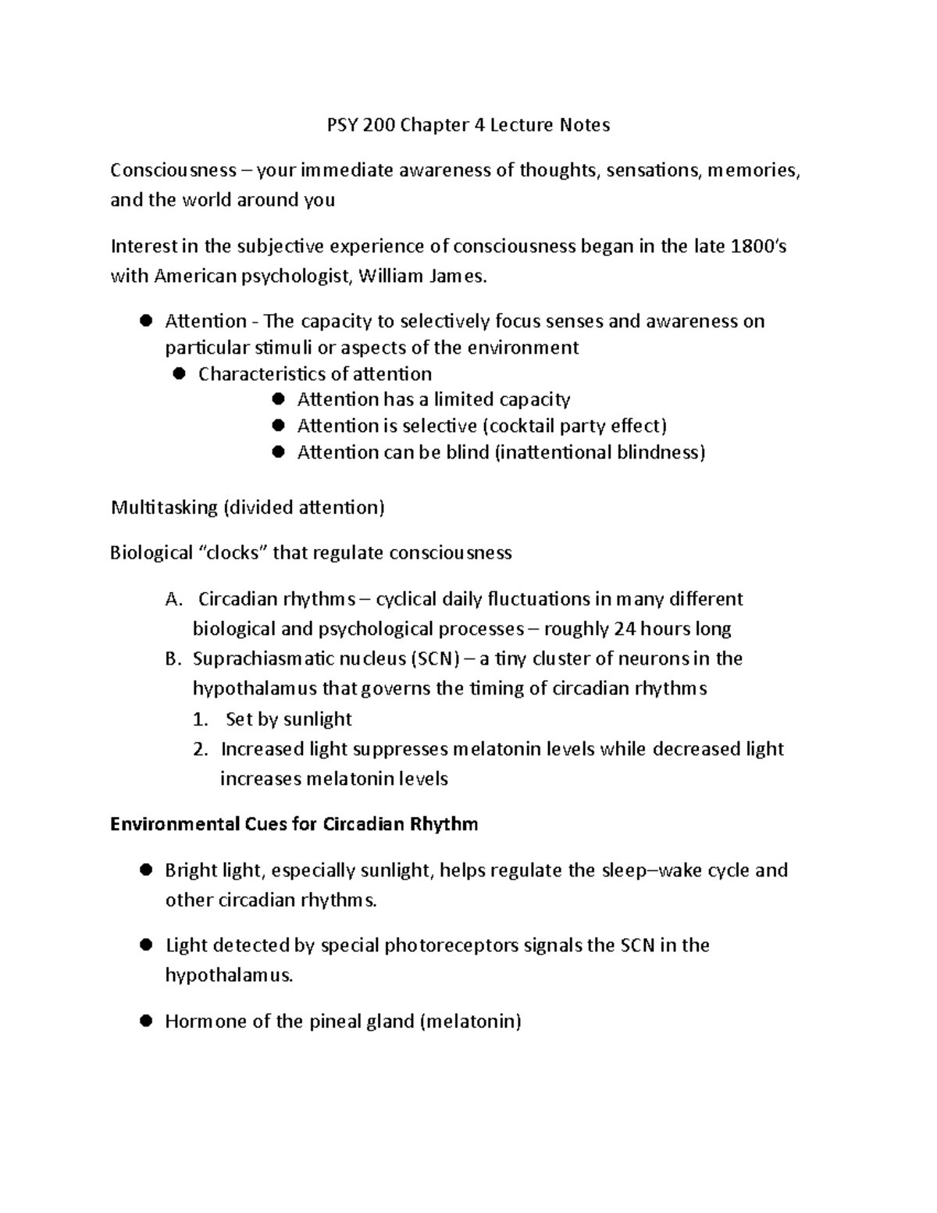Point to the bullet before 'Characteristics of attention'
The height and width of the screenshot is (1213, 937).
[x=178, y=373]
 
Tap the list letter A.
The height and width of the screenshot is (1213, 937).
[x=173, y=599]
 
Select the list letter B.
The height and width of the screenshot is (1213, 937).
[x=173, y=658]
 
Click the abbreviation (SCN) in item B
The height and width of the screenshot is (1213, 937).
[x=434, y=658]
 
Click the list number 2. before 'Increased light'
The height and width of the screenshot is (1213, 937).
[x=201, y=749]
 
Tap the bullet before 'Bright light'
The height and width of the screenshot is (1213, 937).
[x=144, y=869]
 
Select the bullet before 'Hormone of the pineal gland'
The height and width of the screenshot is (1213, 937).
[x=144, y=1021]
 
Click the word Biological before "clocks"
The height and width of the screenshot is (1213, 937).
[x=152, y=553]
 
